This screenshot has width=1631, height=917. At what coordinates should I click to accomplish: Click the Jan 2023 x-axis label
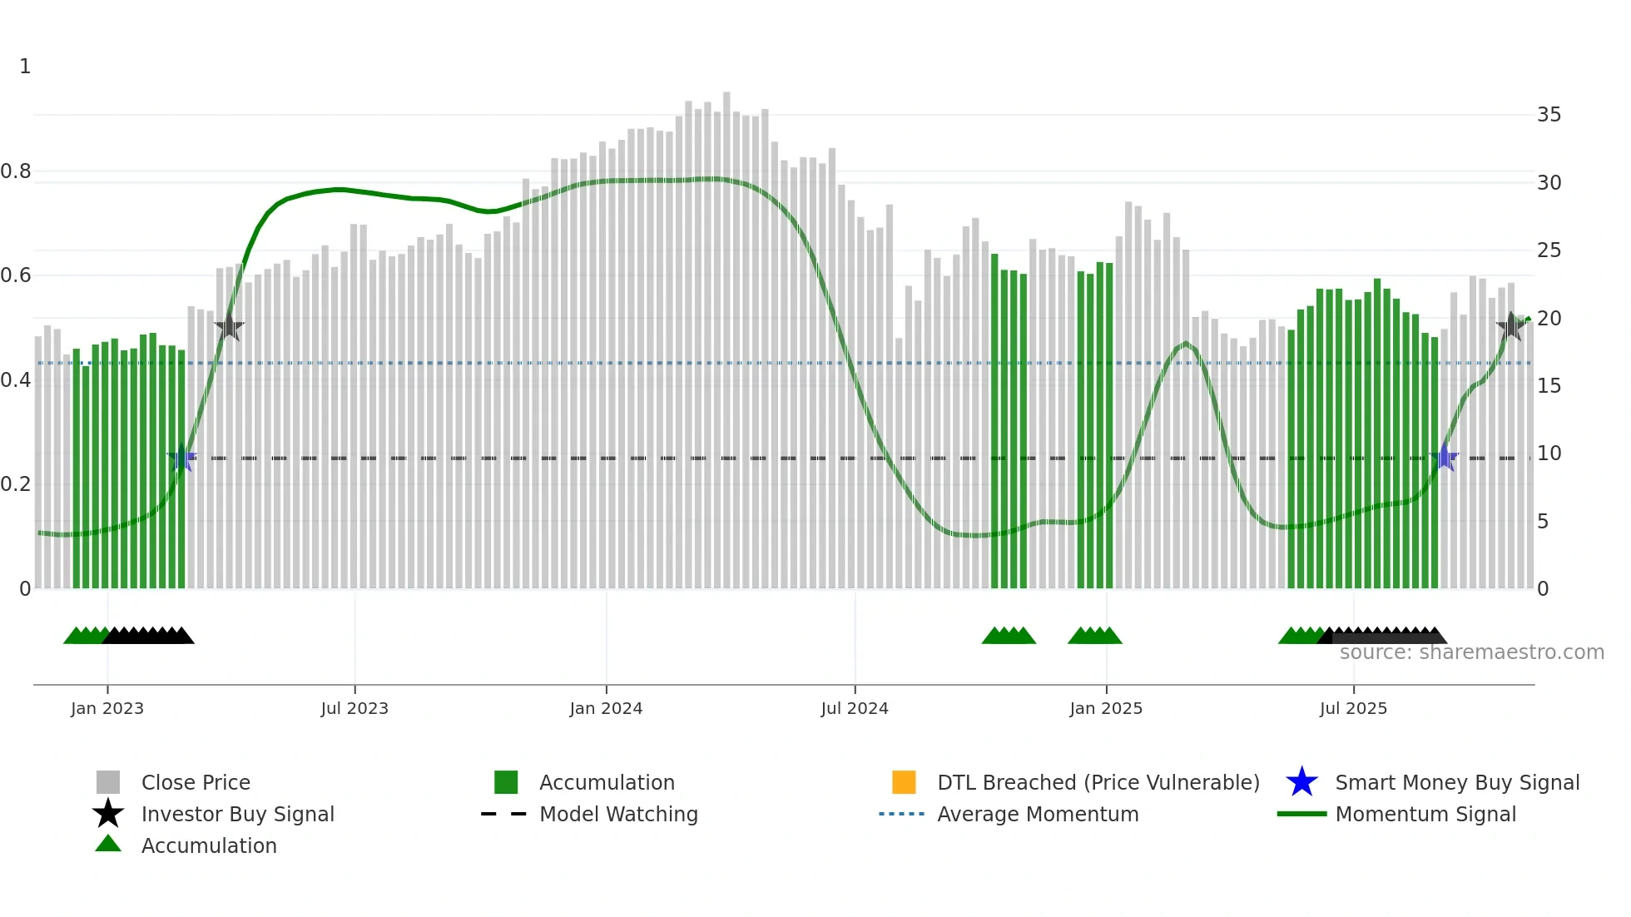(x=107, y=708)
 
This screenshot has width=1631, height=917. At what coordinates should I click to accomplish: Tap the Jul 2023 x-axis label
(x=354, y=708)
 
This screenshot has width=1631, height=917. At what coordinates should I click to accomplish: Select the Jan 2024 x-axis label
(x=606, y=708)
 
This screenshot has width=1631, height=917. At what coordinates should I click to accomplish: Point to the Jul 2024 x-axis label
(x=855, y=708)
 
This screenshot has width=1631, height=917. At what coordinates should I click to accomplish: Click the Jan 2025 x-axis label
(x=1106, y=708)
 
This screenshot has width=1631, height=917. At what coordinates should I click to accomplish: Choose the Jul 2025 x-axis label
(x=1353, y=708)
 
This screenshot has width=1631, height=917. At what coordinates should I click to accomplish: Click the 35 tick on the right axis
(x=1549, y=115)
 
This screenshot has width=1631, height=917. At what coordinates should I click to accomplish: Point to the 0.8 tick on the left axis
(x=16, y=171)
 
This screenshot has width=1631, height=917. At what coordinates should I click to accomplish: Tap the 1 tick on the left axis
(x=25, y=67)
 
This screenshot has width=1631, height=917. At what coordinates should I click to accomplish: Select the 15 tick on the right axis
(x=1549, y=386)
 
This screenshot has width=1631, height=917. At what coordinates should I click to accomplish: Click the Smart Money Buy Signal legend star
(x=1301, y=782)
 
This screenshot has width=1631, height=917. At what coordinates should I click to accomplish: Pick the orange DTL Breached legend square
(x=904, y=782)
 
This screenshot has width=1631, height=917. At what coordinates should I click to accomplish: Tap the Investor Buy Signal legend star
(x=108, y=814)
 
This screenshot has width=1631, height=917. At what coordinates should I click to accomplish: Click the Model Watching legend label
(x=618, y=814)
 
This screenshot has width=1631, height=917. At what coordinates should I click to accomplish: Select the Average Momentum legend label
(x=1038, y=814)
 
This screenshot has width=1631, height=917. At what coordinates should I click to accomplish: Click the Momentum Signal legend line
(x=1301, y=814)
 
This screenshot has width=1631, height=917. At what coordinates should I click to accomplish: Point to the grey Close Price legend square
(x=108, y=782)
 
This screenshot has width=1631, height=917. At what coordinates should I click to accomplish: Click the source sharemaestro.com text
(x=1471, y=652)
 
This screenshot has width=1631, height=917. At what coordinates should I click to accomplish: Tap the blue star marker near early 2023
(x=181, y=458)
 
